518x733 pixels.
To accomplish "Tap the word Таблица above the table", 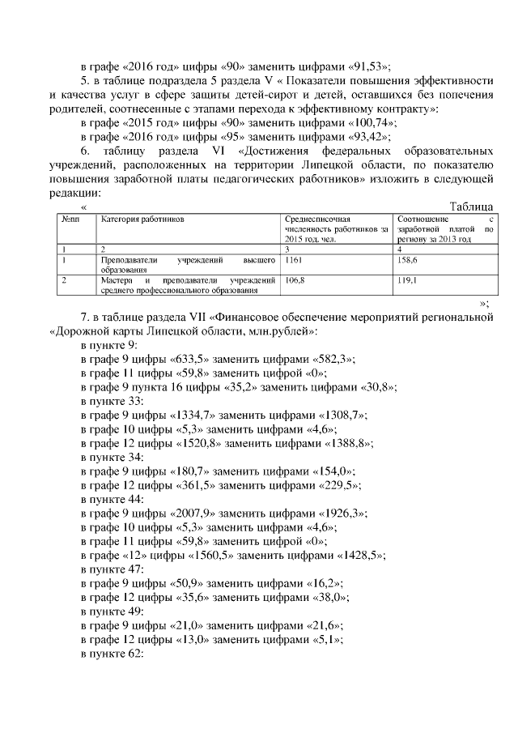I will (471, 207).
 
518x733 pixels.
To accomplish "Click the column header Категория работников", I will (142, 219).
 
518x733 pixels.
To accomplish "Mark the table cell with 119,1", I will (407, 279).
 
